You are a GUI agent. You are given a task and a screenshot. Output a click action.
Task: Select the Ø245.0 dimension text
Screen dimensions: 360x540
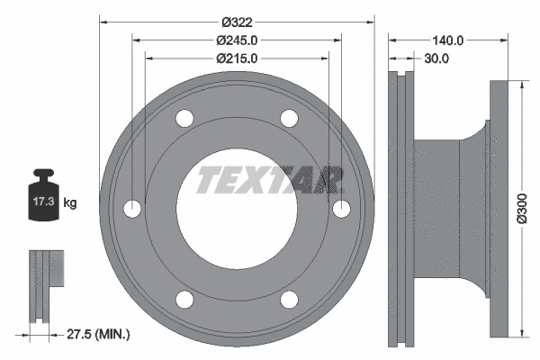pos(237,40)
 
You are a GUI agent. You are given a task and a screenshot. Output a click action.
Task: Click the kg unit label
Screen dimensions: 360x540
pos(70,203)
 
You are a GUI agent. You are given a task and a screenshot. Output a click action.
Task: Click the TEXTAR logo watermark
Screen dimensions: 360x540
pos(270,179)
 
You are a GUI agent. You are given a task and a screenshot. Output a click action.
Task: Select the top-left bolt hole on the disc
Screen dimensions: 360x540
pos(185,118)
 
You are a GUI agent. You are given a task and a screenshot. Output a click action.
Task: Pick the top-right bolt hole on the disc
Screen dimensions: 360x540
pos(289,118)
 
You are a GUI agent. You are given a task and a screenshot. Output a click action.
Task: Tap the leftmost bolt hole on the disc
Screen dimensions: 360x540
pos(133,209)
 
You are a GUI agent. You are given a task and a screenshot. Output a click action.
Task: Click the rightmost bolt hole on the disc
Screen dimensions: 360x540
pos(341,209)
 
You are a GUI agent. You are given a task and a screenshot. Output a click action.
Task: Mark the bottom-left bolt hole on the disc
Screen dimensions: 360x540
pos(185,299)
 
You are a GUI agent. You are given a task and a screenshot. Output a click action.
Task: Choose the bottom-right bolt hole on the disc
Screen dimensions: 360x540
pos(289,299)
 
